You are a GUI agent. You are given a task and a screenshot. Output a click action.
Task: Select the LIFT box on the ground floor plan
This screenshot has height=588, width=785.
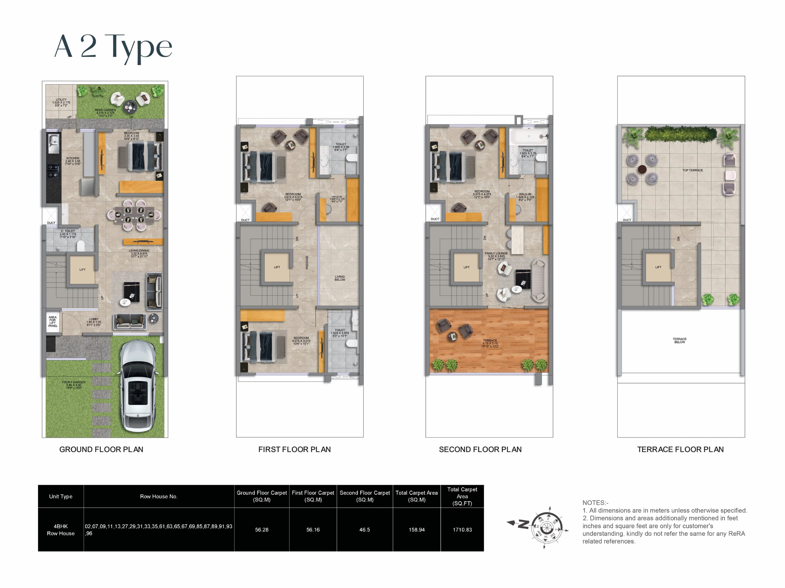tap(82, 270)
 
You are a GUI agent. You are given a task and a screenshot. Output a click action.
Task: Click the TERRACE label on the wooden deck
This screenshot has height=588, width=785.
tap(490, 341)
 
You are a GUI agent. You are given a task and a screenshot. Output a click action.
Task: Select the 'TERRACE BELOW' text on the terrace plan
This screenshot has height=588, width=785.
tap(680, 341)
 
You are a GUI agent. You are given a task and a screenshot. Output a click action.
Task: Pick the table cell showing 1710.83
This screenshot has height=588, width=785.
tap(462, 530)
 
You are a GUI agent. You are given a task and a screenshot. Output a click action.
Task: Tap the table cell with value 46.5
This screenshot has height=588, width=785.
tap(364, 530)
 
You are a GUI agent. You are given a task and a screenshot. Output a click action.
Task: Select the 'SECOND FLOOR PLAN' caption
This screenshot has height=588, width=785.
tap(480, 449)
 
